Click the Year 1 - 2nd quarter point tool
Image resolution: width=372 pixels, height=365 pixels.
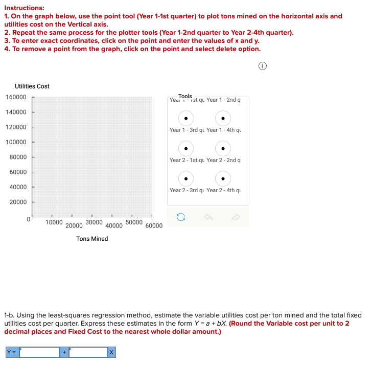(x=223, y=119)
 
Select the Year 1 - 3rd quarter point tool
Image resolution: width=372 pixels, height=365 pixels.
(x=186, y=149)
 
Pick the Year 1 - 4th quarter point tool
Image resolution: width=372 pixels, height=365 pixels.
(x=223, y=149)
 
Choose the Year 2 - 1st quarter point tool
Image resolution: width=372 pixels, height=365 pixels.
(x=186, y=179)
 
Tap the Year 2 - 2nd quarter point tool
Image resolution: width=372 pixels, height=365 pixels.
(x=223, y=179)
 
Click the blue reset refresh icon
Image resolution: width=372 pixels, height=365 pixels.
(x=180, y=217)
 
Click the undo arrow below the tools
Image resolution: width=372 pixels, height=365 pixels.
(x=208, y=217)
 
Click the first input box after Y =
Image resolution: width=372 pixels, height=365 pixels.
(x=40, y=352)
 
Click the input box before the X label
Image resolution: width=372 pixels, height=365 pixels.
(x=88, y=352)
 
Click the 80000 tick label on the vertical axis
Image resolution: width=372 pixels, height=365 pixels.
(x=18, y=157)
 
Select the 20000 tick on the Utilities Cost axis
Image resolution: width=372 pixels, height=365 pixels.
(x=18, y=202)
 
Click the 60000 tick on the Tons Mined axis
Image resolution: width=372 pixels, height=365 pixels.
(x=154, y=226)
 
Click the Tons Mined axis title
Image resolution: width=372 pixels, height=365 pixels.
(x=92, y=239)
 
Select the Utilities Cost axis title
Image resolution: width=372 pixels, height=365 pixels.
(x=32, y=86)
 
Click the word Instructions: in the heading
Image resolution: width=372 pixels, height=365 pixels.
(x=24, y=8)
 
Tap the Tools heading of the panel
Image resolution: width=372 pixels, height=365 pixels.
(x=185, y=96)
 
